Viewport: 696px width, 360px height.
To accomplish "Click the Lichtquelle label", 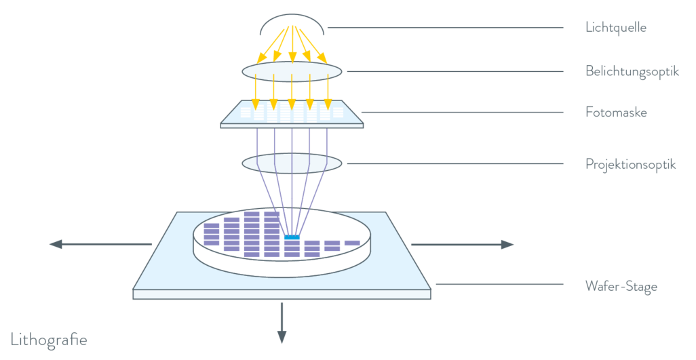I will point(616,28).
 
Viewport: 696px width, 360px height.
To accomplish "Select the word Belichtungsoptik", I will point(632,71).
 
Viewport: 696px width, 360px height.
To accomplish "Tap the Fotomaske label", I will point(616,113).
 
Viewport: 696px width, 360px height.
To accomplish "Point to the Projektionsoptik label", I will point(630,164).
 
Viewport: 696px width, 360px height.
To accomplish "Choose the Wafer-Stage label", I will point(621,287).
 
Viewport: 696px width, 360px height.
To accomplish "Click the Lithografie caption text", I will point(49,340).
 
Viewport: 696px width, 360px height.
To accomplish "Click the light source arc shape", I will point(292,21).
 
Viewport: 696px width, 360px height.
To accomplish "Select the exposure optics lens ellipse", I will point(292,72).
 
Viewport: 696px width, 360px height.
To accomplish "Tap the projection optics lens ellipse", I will point(292,163).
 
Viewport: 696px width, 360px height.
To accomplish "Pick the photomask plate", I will point(292,115).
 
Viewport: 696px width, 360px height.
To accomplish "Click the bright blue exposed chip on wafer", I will point(292,237).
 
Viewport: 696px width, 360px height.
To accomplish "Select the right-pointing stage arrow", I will point(462,245).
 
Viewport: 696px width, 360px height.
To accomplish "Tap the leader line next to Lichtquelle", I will point(445,28).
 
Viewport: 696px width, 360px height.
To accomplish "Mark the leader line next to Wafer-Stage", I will point(499,284).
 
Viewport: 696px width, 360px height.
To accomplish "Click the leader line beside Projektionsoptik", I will point(455,163).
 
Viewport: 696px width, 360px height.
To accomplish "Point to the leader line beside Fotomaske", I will point(461,113).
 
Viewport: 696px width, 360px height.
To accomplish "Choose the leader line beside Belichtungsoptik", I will point(455,71).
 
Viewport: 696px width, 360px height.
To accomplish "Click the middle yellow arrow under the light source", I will point(292,44).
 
